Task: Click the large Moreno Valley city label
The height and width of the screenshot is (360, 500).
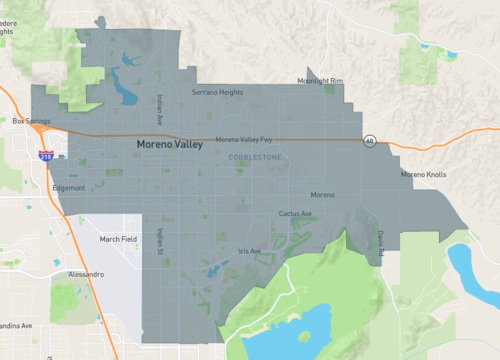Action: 169,145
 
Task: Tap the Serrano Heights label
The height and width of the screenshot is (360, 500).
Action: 217,92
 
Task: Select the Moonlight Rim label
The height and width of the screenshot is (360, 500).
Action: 320,81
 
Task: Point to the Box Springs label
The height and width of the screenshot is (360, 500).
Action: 30,121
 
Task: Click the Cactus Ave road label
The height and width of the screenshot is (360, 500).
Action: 295,213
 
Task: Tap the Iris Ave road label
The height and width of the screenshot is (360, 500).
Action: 249,251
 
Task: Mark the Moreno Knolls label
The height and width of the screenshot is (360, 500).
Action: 424,175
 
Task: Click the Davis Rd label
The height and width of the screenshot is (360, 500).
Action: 381,244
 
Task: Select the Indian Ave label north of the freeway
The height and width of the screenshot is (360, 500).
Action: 158,109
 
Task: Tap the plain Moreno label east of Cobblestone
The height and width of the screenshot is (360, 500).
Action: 322,194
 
